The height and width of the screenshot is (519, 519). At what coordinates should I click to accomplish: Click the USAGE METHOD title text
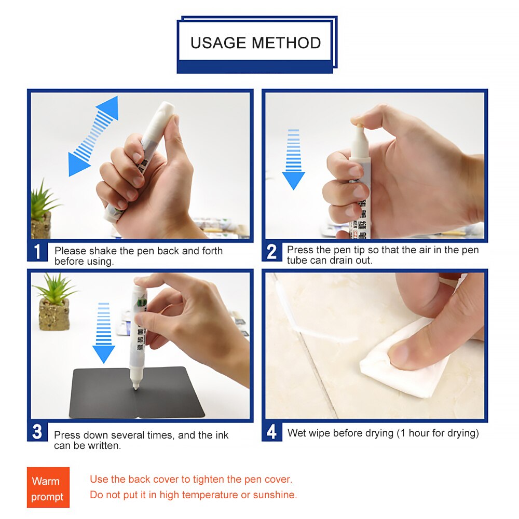pos(255,43)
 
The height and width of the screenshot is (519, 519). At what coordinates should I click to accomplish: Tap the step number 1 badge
pos(37,252)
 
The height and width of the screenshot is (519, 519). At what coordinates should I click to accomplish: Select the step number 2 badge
pos(271,252)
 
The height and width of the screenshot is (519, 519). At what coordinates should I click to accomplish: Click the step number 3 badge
pos(37,432)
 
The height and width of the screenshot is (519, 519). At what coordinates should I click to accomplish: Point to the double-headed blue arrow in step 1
pos(94,136)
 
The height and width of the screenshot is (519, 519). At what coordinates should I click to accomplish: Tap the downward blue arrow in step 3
pos(104,333)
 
